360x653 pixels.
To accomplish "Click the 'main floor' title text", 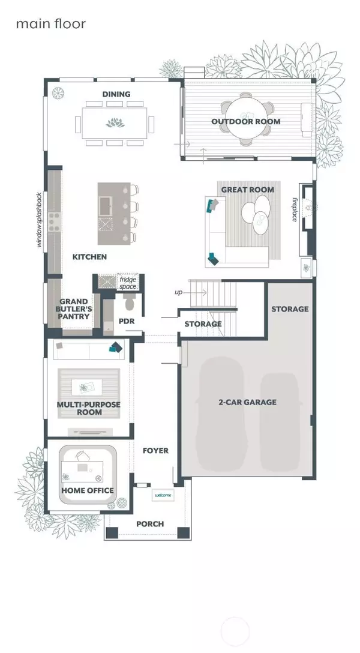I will pyautogui.click(x=50, y=24).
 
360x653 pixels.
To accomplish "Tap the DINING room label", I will pyautogui.click(x=116, y=94).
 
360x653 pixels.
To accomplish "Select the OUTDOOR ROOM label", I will pyautogui.click(x=245, y=122).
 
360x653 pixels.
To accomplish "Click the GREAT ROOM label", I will pyautogui.click(x=247, y=190).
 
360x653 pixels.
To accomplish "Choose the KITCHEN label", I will pyautogui.click(x=89, y=257).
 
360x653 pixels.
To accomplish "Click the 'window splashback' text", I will pyautogui.click(x=40, y=220).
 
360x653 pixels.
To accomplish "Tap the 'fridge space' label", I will pyautogui.click(x=128, y=283).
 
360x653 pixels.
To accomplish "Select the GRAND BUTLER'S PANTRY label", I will pyautogui.click(x=74, y=309).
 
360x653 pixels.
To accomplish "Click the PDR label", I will pyautogui.click(x=127, y=321).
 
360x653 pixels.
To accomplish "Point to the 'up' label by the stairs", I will pyautogui.click(x=178, y=292).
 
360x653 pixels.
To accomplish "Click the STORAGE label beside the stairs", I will pyautogui.click(x=203, y=324).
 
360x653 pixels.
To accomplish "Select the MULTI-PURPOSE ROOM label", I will pyautogui.click(x=88, y=409).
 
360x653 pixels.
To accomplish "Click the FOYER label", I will pyautogui.click(x=155, y=451).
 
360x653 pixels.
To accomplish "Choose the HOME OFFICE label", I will pyautogui.click(x=88, y=490).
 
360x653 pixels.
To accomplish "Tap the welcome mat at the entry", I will pyautogui.click(x=163, y=495).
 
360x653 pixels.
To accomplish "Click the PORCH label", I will pyautogui.click(x=150, y=524).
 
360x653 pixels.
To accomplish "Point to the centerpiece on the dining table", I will pyautogui.click(x=113, y=124).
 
